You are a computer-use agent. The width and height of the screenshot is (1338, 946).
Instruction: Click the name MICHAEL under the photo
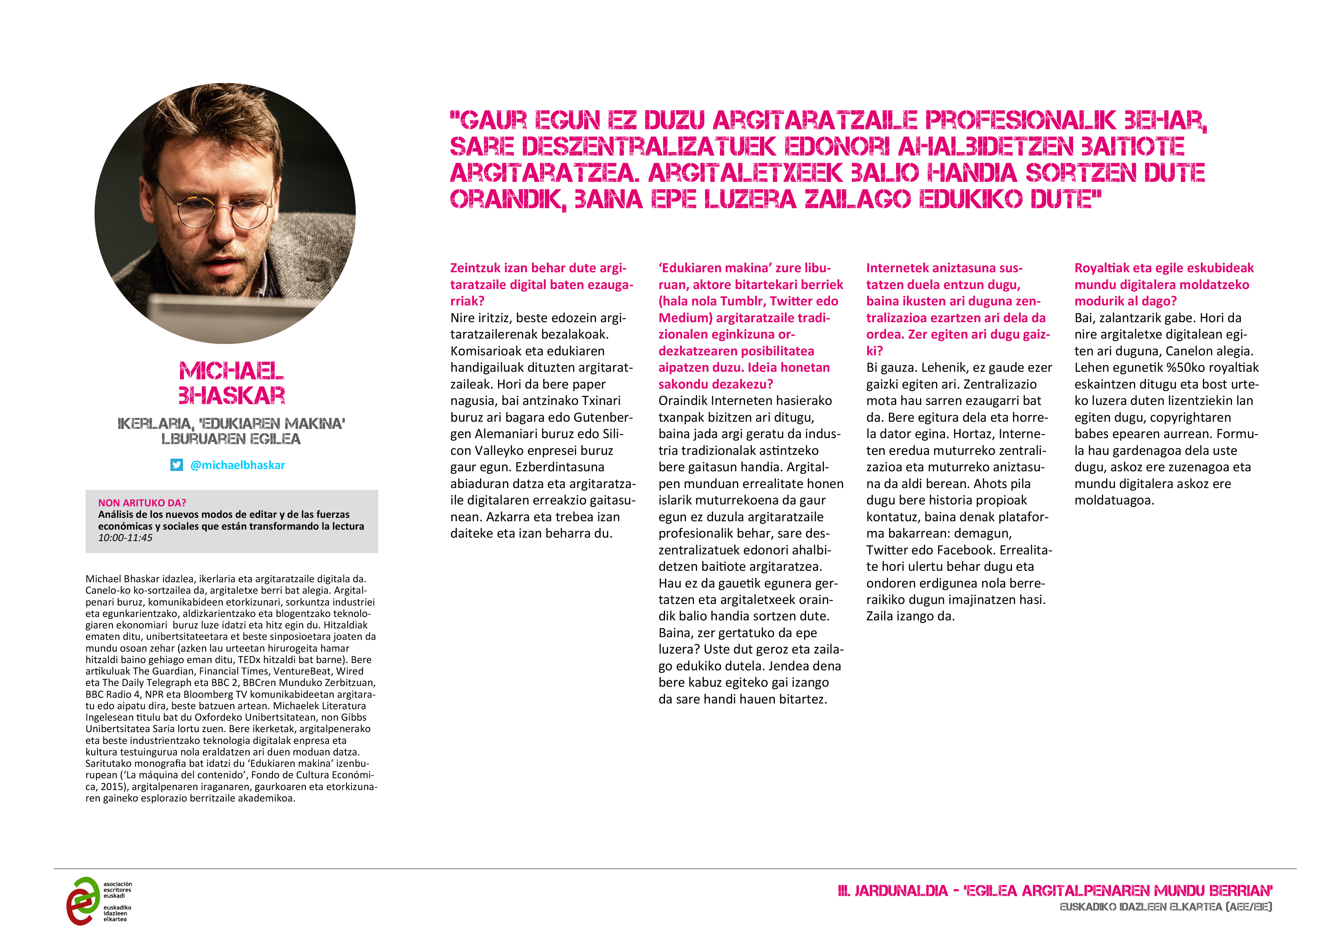(x=231, y=371)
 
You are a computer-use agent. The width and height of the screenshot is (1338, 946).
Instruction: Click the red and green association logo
(x=83, y=901)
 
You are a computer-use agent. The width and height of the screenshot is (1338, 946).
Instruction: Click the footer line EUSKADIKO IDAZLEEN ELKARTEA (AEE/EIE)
(x=1166, y=907)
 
